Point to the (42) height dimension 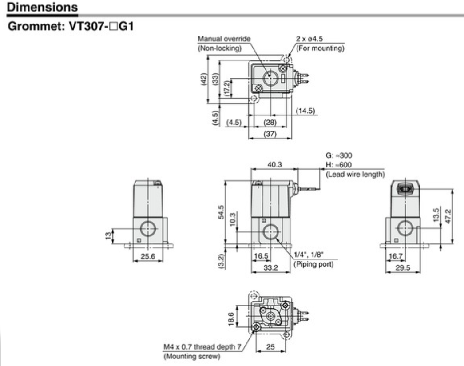204,80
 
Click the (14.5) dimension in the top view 305,110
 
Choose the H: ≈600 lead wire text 339,165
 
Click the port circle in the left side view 147,229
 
